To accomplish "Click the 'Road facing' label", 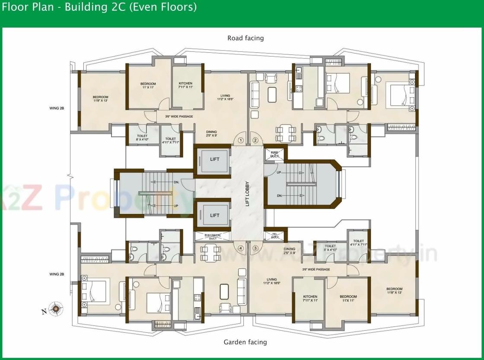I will pos(245,38).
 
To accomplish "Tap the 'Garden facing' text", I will pos(245,342).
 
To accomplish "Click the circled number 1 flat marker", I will pos(241,140).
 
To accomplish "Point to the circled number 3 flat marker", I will pos(255,248).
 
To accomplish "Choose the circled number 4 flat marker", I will pos(241,248).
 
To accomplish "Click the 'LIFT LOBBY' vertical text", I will pos(248,194).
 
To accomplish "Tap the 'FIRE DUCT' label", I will pos(275,154).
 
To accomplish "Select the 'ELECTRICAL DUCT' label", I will pos(213,236).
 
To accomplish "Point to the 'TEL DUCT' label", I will pos(275,236).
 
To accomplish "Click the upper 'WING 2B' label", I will pos(57,108).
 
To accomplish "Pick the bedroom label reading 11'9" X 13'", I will pos(100,99).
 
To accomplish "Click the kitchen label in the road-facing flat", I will pos(185,85).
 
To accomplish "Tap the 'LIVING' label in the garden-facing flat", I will pos(271,281).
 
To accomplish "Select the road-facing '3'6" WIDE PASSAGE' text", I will pos(179,116).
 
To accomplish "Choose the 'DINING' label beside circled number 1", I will pos(211,134).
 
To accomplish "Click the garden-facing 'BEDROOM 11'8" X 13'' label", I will pos(394,290).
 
